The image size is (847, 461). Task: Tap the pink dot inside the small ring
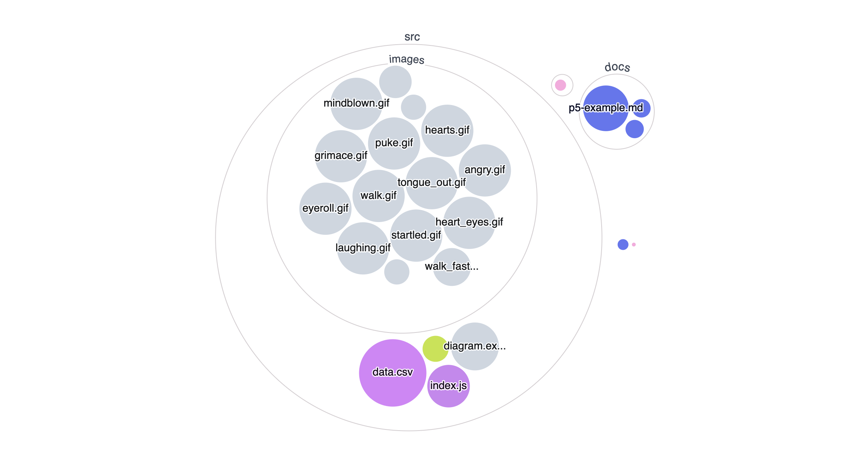560,85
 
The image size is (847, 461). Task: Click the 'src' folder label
412,37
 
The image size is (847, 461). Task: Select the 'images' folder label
406,59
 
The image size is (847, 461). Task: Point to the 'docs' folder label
617,67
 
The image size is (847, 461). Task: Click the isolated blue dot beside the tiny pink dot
623,244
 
